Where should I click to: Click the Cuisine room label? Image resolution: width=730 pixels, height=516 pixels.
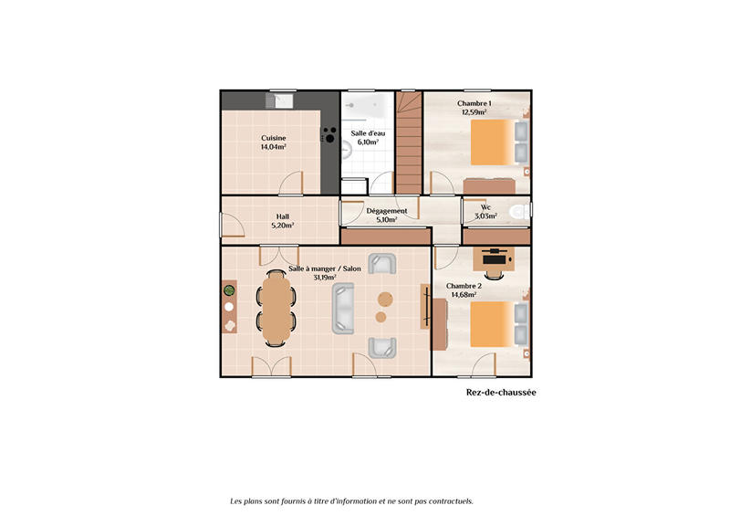click(274, 138)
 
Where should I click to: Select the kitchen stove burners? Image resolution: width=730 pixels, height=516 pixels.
click(328, 136)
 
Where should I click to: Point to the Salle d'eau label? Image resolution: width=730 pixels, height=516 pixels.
click(368, 133)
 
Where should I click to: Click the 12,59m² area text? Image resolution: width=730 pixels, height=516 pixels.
click(474, 112)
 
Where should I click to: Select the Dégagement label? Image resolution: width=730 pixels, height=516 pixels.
click(386, 211)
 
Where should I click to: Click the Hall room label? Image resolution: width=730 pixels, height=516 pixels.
click(283, 216)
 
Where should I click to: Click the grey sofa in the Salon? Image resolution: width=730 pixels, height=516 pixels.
click(343, 307)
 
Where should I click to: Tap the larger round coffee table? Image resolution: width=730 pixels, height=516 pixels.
click(385, 298)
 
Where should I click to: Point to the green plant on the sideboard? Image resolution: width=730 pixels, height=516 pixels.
click(230, 290)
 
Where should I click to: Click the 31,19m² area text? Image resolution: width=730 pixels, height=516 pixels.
click(325, 278)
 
